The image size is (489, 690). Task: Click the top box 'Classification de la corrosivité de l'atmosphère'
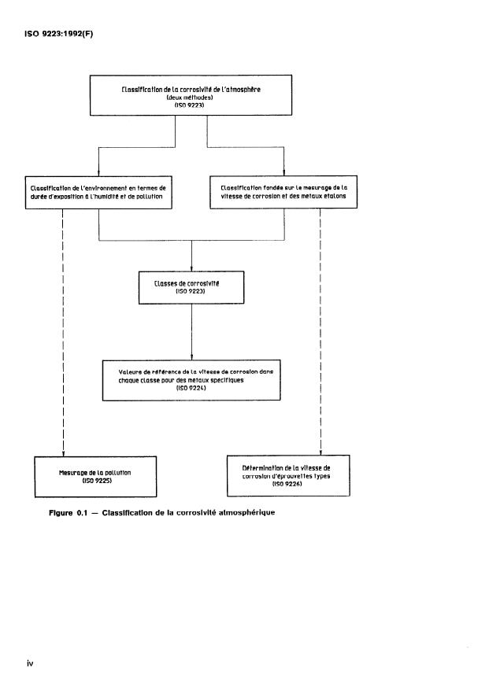[x=191, y=95]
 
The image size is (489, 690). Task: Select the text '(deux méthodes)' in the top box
[x=191, y=97]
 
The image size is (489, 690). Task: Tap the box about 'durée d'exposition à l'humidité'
[x=98, y=192]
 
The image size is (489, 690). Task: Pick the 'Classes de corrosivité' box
[x=191, y=286]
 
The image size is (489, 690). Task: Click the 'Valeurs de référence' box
[x=191, y=379]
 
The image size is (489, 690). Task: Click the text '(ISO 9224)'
[x=191, y=388]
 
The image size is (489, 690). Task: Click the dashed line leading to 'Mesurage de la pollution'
[x=62, y=330]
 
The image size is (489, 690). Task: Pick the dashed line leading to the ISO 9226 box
[x=320, y=330]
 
